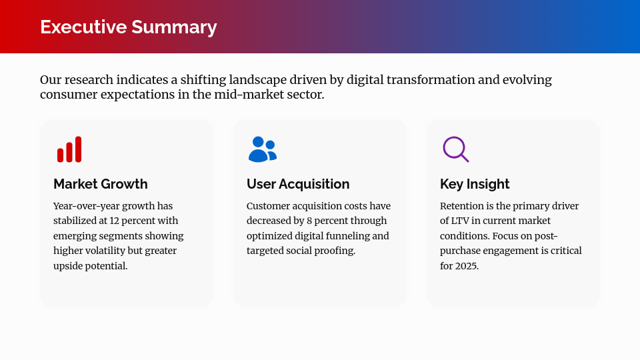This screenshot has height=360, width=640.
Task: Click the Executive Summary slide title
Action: [128, 27]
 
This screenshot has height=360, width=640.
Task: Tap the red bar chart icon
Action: [69, 149]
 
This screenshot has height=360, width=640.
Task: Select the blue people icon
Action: [262, 149]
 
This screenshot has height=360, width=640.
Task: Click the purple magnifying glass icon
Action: [455, 149]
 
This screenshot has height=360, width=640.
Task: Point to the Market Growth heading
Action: [100, 184]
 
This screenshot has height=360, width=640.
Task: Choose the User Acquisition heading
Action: [297, 184]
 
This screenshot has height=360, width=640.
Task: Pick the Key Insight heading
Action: [475, 184]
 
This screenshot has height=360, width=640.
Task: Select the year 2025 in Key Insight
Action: [467, 265]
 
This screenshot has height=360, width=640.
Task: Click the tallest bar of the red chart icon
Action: [78, 149]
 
